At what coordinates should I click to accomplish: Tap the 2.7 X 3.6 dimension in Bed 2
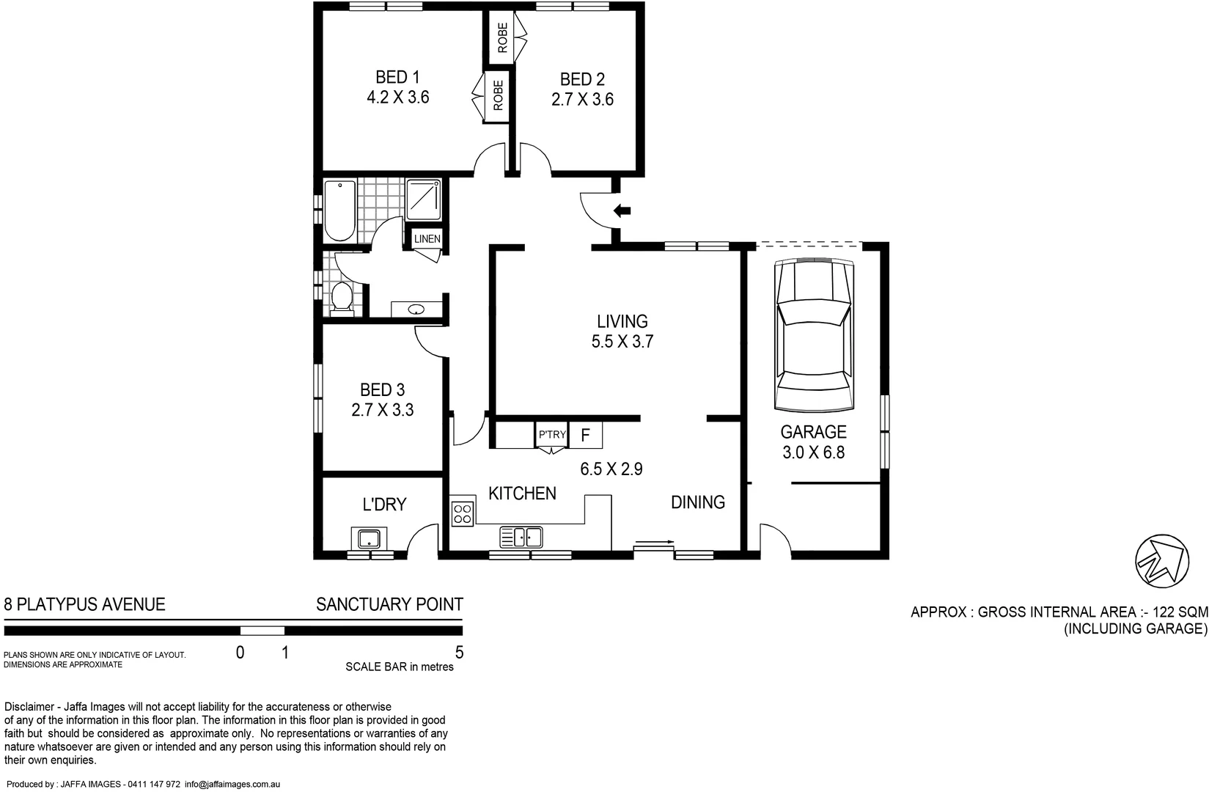(x=582, y=99)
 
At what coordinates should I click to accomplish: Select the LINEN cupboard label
(x=427, y=239)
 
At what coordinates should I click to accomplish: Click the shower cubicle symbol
(x=424, y=199)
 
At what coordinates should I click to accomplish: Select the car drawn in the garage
(x=814, y=334)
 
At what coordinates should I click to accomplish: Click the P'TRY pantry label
(x=552, y=434)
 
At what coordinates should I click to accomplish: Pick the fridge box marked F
(x=585, y=435)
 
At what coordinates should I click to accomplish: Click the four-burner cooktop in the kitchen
(x=462, y=513)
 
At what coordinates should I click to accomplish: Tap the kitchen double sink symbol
(x=521, y=537)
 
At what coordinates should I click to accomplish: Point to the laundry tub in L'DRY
(x=368, y=539)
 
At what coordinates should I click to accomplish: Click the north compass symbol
(x=1161, y=561)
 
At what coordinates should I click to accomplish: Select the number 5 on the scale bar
(x=459, y=652)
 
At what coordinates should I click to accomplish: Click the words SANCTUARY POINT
(x=389, y=604)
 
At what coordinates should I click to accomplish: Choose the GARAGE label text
(x=813, y=432)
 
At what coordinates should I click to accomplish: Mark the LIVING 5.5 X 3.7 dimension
(x=622, y=341)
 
